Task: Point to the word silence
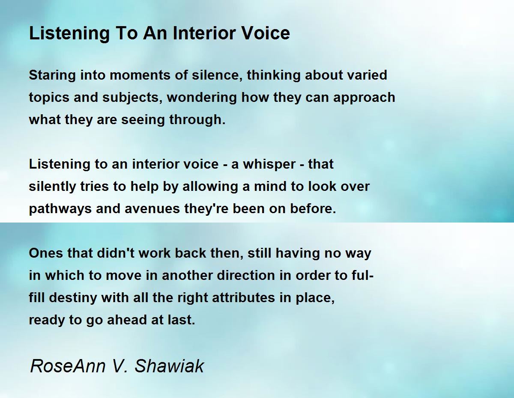(x=218, y=75)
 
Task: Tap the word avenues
(x=152, y=209)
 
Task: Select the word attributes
(x=243, y=298)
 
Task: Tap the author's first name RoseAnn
(x=68, y=366)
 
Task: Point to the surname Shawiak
(x=169, y=366)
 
